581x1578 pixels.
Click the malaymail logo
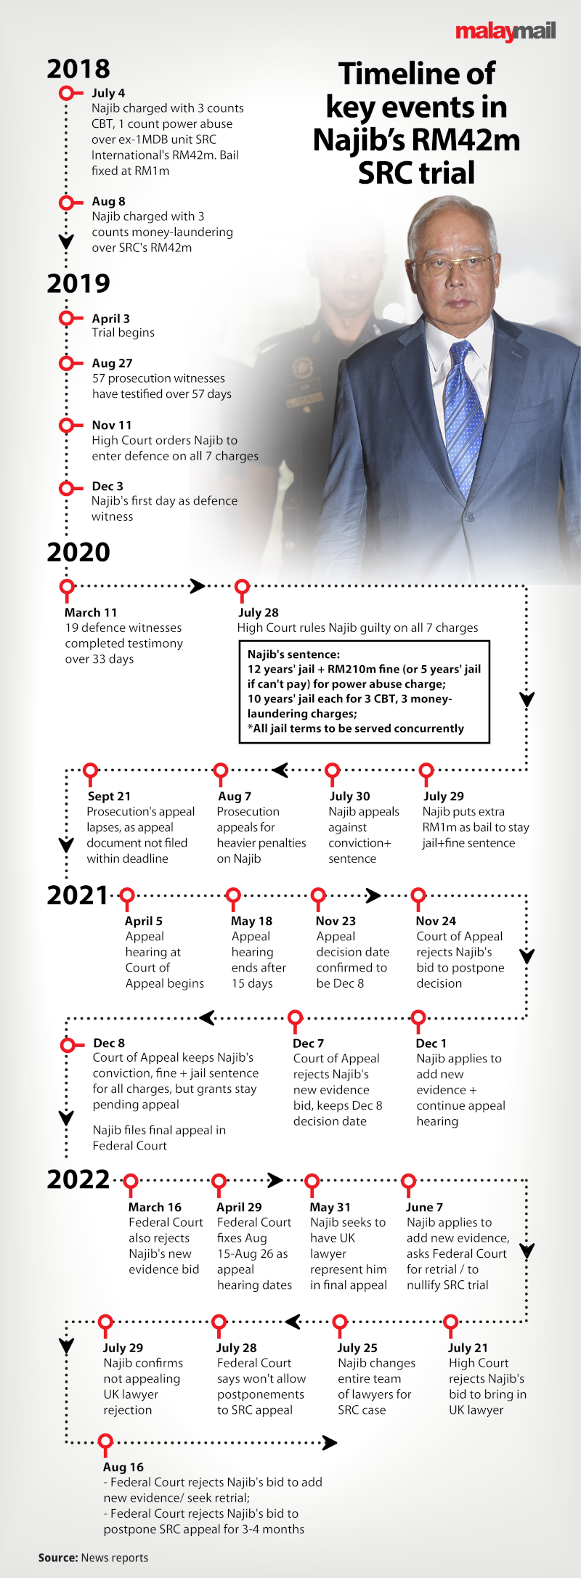point(505,32)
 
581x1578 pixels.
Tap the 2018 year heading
point(78,69)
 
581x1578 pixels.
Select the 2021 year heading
point(78,895)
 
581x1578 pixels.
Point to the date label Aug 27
point(113,363)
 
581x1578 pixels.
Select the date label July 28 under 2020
point(259,613)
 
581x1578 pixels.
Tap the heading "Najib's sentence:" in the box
point(293,654)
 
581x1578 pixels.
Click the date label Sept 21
point(109,797)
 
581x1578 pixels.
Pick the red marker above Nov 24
point(418,898)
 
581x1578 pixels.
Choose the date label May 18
point(252,922)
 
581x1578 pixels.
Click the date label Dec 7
point(309,1044)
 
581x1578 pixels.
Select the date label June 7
point(425,1208)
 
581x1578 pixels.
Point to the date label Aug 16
point(123,1468)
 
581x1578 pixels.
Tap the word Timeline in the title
point(417,74)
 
